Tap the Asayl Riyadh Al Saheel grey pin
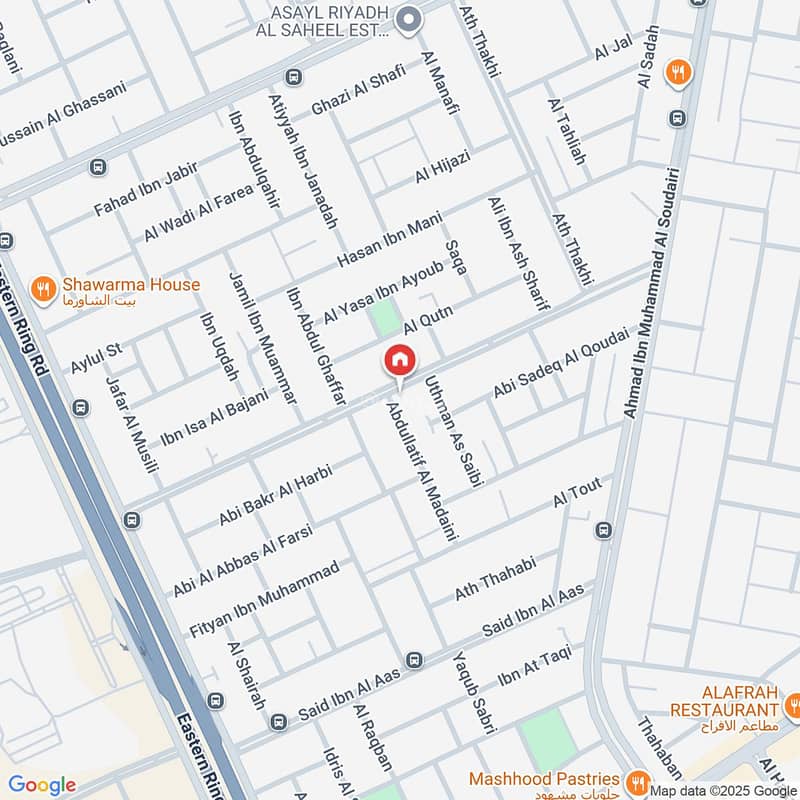tap(407, 19)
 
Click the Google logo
tap(42, 785)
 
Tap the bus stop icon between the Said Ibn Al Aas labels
tap(415, 660)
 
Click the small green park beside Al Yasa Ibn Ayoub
tap(384, 318)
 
